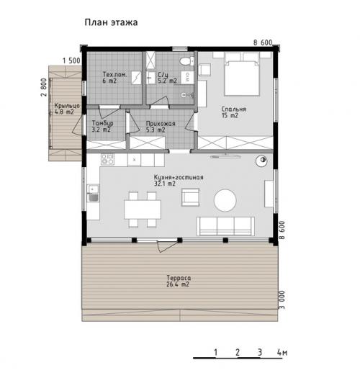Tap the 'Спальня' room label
(x=234, y=109)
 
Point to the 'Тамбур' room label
(x=102, y=124)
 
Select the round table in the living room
(x=226, y=199)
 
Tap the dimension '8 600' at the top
(x=263, y=43)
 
